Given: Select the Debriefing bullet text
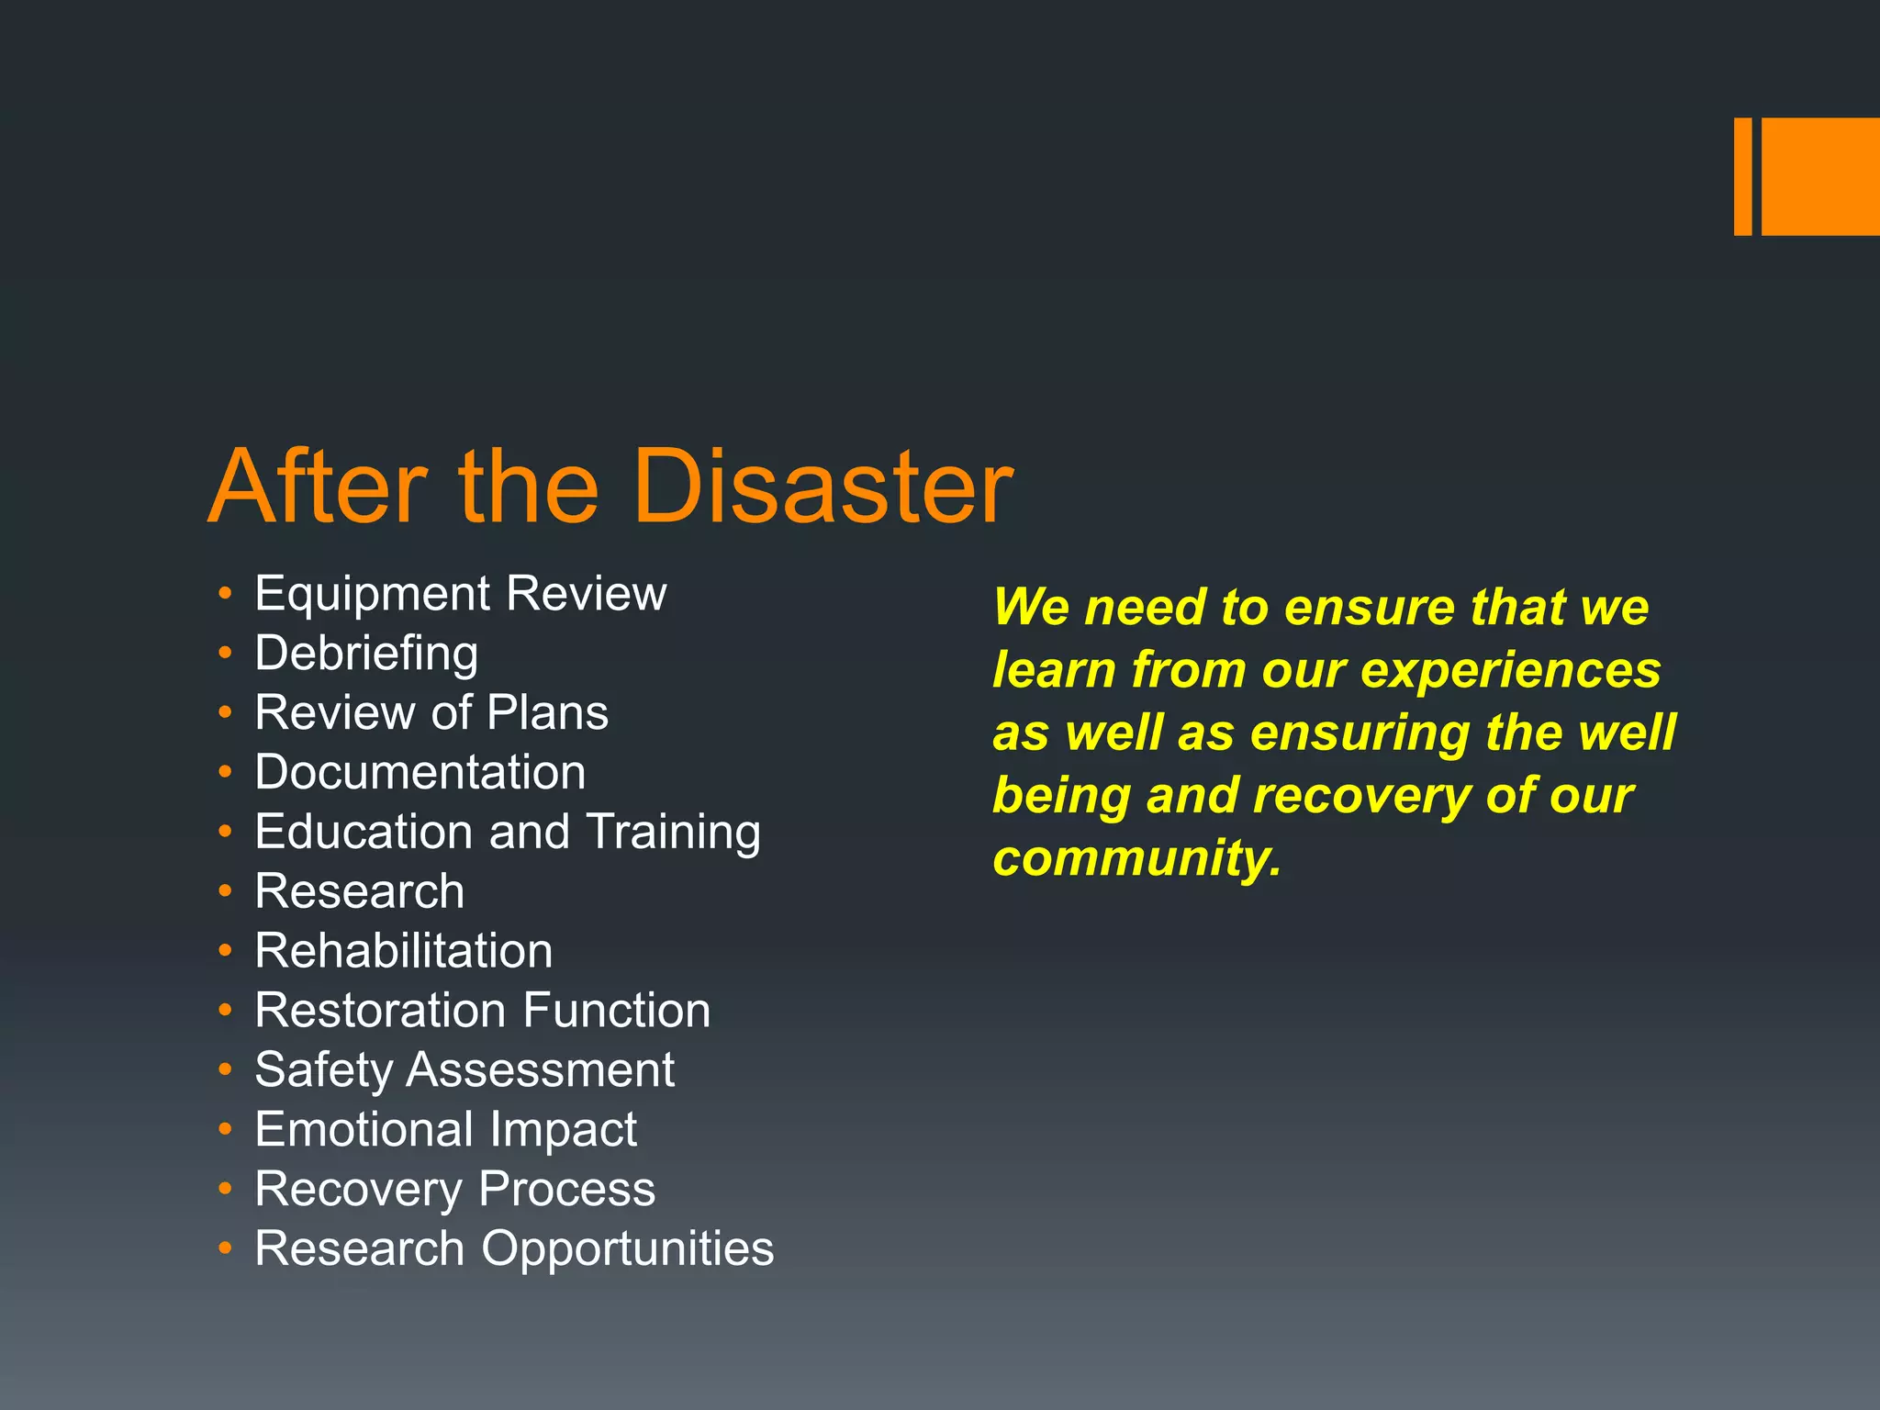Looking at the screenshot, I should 366,655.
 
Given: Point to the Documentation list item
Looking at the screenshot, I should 420,772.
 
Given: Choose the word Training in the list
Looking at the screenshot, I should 673,833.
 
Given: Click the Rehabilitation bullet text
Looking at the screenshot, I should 404,951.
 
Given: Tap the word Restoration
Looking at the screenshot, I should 380,1011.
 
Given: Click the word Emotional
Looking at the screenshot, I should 364,1129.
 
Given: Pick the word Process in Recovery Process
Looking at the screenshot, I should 567,1190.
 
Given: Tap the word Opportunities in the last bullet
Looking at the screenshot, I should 628,1249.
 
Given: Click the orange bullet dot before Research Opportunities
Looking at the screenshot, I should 226,1248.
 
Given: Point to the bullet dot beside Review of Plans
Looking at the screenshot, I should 226,712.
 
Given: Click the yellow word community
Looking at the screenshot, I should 1136,858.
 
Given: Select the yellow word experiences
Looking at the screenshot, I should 1510,670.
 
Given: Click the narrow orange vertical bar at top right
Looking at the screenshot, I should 1742,176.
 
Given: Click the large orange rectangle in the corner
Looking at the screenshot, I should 1820,176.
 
